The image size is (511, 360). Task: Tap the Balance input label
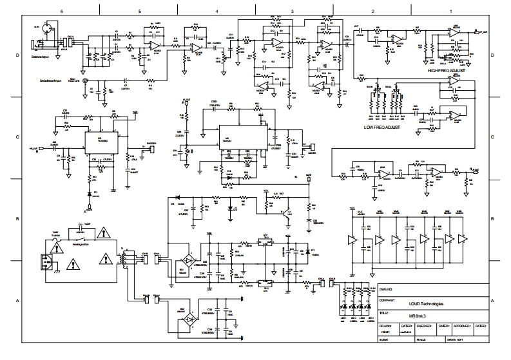[x=46, y=57]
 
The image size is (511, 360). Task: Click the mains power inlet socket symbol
[x=44, y=261]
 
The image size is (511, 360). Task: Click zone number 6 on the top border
[x=61, y=12]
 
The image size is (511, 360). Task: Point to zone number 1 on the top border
[x=450, y=12]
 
